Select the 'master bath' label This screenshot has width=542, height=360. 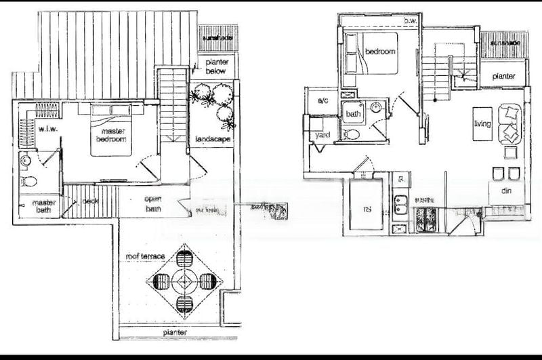(x=44, y=206)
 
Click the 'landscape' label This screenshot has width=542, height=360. (x=213, y=140)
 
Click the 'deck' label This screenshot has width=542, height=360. (x=90, y=201)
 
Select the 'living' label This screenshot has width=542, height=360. (x=482, y=123)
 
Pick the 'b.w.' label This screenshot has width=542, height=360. (x=410, y=22)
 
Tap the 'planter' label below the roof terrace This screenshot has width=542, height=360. (x=174, y=333)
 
